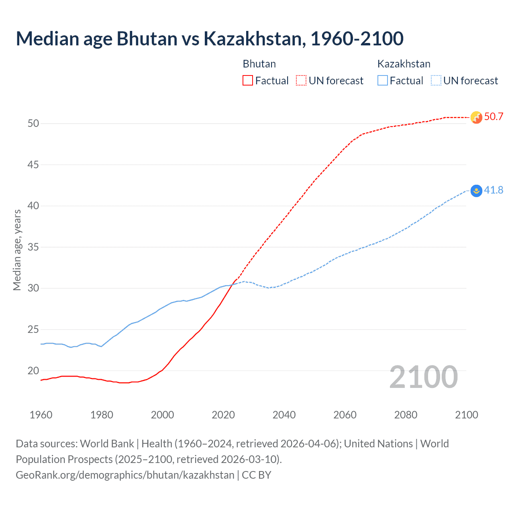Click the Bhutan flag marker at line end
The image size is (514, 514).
476,117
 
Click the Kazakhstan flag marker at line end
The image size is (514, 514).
476,191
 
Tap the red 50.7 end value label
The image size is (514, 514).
494,117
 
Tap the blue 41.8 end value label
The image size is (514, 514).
494,190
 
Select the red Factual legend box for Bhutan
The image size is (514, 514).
248,81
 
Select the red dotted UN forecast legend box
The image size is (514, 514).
301,81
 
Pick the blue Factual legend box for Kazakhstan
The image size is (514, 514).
383,81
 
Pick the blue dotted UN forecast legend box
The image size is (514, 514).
436,81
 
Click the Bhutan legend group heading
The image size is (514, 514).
259,64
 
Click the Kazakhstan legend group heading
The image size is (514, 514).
404,64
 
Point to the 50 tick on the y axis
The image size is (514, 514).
33,123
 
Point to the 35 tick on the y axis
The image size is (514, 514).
33,247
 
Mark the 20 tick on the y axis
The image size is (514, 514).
33,371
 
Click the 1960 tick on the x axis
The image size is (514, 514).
41,415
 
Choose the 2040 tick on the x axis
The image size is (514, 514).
284,415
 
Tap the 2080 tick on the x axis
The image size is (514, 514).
406,415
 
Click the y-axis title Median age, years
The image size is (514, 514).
17,250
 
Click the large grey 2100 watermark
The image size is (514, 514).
423,377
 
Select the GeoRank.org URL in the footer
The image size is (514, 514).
125,475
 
